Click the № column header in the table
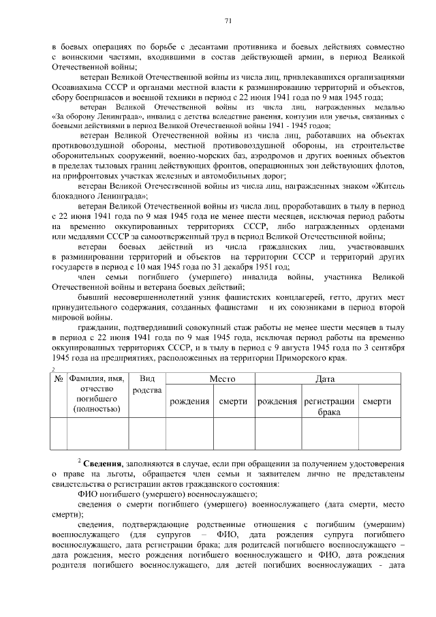click(59, 378)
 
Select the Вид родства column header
click(146, 383)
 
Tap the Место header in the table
click(208, 378)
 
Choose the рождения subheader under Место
click(189, 402)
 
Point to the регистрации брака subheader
click(329, 407)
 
